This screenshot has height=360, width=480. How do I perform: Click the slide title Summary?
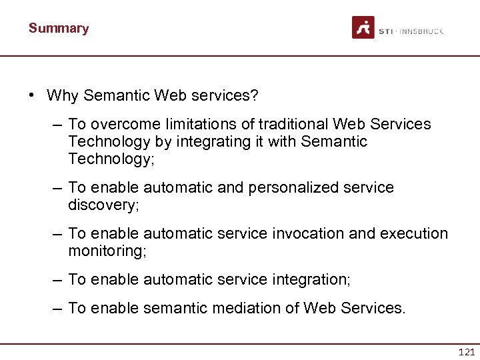click(59, 28)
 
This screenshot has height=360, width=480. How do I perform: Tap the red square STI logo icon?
click(363, 28)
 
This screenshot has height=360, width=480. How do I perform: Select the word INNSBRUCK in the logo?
click(421, 31)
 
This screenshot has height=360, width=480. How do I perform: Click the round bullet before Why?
click(32, 95)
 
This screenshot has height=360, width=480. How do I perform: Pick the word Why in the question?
click(63, 95)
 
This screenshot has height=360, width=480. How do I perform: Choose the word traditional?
click(293, 125)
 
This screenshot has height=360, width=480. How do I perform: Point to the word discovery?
click(103, 205)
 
